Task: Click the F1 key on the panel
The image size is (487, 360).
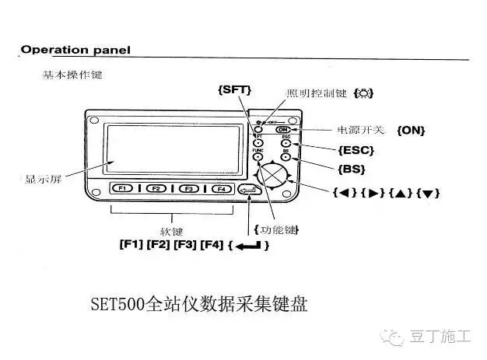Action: coord(124,188)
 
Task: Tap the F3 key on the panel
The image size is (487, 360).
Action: coord(187,188)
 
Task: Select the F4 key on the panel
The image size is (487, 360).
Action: coord(219,188)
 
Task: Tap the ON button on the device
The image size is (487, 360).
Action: coord(283,129)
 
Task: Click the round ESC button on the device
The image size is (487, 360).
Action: coord(286,143)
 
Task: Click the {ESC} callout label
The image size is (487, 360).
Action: coord(357,149)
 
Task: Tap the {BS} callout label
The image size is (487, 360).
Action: coord(352,168)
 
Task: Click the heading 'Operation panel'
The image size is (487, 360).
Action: coord(75,50)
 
